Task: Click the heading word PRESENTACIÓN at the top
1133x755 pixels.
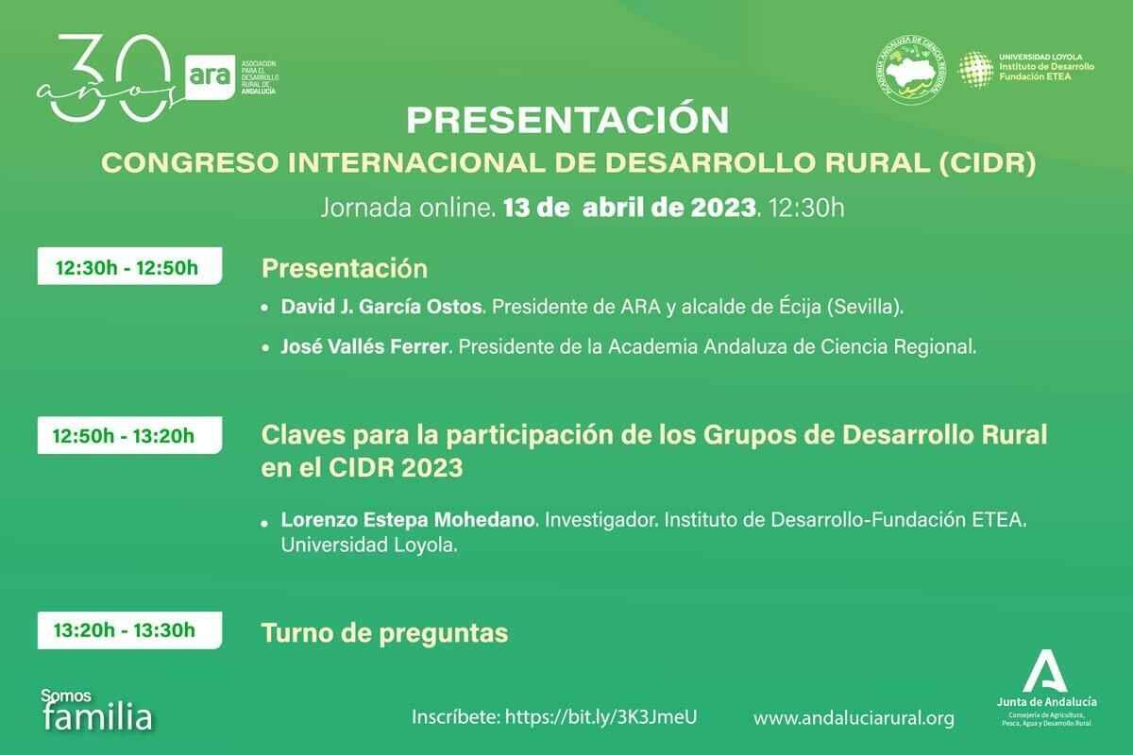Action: tap(567, 121)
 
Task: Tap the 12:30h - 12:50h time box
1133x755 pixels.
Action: tap(127, 267)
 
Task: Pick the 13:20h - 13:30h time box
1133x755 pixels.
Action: tap(127, 629)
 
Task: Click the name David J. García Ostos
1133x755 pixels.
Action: tap(382, 309)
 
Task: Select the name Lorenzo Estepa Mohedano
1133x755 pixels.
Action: tap(409, 520)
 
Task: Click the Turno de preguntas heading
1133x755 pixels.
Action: tap(384, 632)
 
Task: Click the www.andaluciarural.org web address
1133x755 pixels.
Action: tap(854, 718)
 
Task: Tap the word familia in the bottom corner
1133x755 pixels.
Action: tap(97, 718)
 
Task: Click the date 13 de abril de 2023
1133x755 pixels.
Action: tap(631, 209)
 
